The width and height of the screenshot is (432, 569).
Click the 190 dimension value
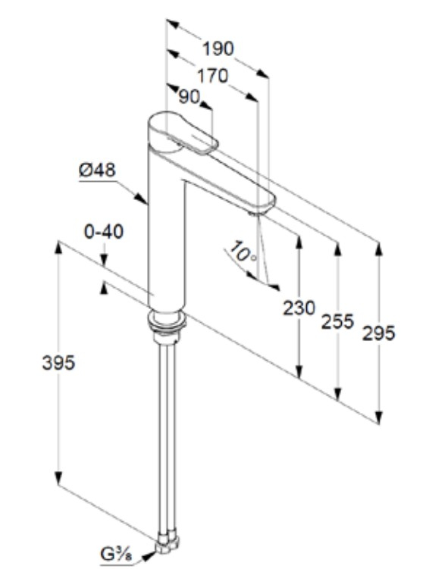(218, 49)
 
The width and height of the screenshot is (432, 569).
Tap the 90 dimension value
(189, 97)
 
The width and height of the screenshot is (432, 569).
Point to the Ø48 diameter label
(98, 170)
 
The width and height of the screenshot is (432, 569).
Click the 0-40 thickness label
(103, 233)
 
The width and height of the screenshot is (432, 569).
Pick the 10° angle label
(243, 253)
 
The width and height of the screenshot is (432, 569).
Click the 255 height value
(337, 321)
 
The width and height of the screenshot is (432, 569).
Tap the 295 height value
(377, 333)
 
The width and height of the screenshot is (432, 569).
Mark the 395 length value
(58, 363)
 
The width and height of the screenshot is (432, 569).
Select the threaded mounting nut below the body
(167, 323)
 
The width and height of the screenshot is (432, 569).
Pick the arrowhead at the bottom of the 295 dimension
(377, 417)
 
